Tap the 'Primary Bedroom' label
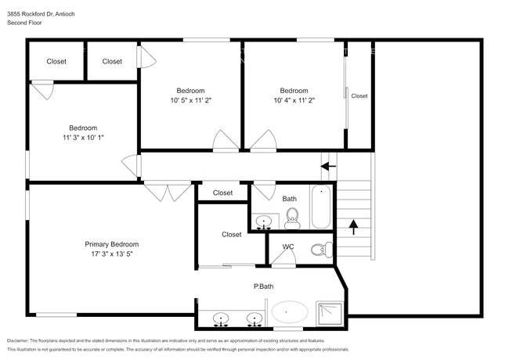pyautogui.click(x=112, y=244)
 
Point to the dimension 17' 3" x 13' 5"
pyautogui.click(x=112, y=254)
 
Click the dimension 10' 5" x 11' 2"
pyautogui.click(x=191, y=100)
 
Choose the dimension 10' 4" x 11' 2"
pyautogui.click(x=294, y=100)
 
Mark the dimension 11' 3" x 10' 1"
pyautogui.click(x=82, y=137)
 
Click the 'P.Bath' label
pyautogui.click(x=262, y=286)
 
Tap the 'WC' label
pyautogui.click(x=287, y=247)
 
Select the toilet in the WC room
pyautogui.click(x=318, y=250)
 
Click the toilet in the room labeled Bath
pyautogui.click(x=292, y=215)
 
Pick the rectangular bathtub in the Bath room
pyautogui.click(x=321, y=207)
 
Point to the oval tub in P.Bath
pyautogui.click(x=290, y=312)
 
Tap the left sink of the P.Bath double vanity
pyautogui.click(x=222, y=319)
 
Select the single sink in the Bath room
pyautogui.click(x=265, y=221)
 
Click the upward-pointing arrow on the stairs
pyautogui.click(x=353, y=227)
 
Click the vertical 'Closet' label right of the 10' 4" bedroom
pyautogui.click(x=359, y=95)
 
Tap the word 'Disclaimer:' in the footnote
pyautogui.click(x=22, y=341)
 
